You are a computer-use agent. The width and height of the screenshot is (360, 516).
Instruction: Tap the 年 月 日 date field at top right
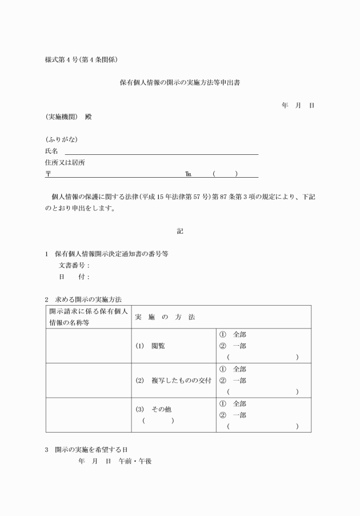tap(298, 106)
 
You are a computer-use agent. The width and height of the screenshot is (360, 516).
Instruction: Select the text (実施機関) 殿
tap(68, 117)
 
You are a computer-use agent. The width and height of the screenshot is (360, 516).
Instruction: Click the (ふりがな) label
tap(62, 140)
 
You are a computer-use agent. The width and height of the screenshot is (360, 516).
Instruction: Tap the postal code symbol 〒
tap(48, 174)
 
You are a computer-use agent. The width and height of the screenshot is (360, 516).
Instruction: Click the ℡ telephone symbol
tap(188, 174)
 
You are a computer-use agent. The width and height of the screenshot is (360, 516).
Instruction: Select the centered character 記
tap(180, 231)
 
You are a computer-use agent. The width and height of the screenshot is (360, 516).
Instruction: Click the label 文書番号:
tap(74, 266)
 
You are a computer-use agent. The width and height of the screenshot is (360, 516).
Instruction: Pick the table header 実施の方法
tap(165, 317)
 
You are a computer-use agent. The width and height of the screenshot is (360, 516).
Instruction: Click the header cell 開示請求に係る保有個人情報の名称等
tap(88, 317)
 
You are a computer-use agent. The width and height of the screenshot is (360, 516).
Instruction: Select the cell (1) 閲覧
tap(150, 346)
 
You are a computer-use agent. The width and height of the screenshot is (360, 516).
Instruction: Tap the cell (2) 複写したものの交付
tap(174, 381)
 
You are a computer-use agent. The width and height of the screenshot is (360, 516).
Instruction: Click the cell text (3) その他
tap(154, 410)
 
